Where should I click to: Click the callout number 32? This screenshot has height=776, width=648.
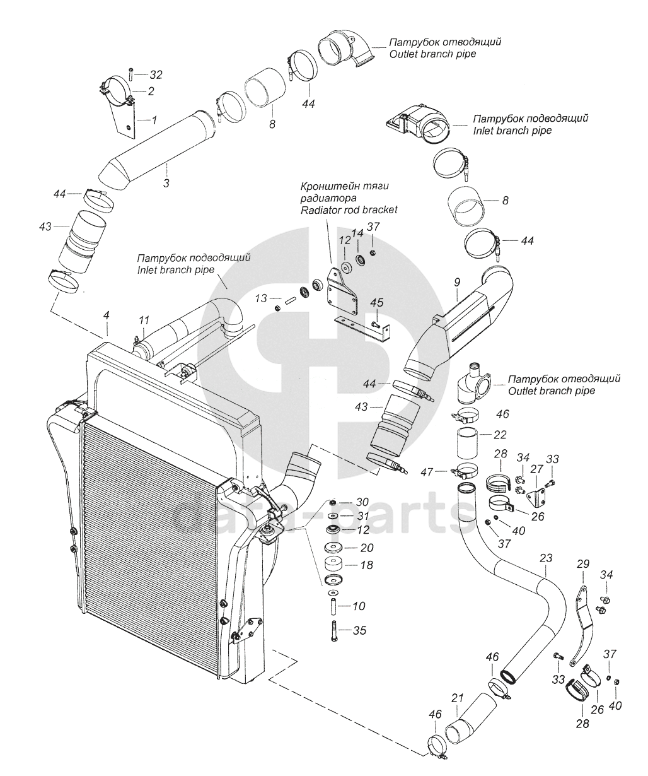155,74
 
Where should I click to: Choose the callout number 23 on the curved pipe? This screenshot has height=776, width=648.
546,558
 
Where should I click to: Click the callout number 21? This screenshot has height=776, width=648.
458,698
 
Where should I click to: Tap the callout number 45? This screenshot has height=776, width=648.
376,303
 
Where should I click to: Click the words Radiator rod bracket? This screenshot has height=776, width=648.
350,209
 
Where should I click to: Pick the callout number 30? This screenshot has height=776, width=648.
362,502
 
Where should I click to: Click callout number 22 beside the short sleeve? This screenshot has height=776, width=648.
483,434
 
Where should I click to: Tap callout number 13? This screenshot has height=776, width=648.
260,298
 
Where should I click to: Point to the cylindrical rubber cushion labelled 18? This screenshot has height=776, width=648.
332,563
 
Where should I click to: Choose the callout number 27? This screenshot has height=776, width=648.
537,469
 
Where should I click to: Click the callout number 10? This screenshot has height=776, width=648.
358,606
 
